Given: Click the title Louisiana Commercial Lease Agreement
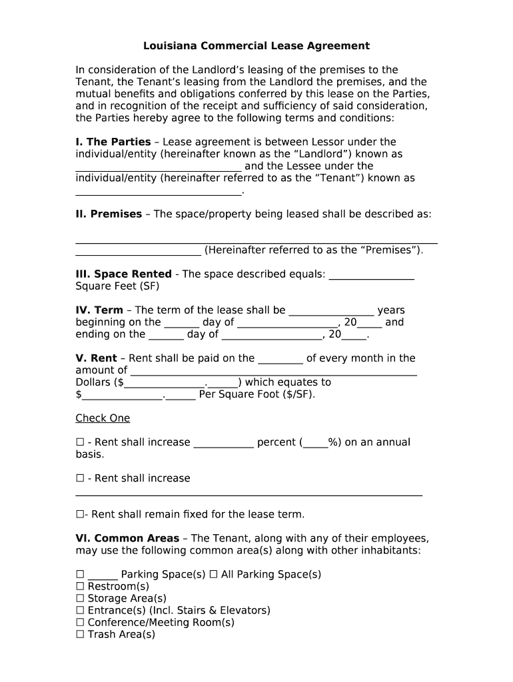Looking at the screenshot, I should (x=256, y=46).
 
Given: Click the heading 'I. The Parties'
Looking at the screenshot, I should (x=113, y=142).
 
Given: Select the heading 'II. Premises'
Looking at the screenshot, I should (x=109, y=214).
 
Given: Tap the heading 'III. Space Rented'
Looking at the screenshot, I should (x=123, y=274).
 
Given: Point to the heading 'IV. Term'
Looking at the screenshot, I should (x=99, y=310).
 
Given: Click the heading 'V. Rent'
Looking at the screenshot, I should (x=96, y=358).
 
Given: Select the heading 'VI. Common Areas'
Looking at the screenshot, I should (x=127, y=538).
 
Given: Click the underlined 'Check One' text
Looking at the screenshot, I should (x=103, y=418).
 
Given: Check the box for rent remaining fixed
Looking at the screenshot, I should (x=80, y=514).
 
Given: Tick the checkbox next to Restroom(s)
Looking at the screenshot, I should (x=80, y=586).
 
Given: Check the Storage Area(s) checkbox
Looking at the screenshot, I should (x=80, y=598).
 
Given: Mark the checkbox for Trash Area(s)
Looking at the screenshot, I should (x=80, y=634).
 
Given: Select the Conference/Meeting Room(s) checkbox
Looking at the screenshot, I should (x=80, y=622).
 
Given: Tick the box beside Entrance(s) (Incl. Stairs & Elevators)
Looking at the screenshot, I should (x=80, y=610).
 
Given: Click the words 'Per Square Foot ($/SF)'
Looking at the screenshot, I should (x=257, y=394).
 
